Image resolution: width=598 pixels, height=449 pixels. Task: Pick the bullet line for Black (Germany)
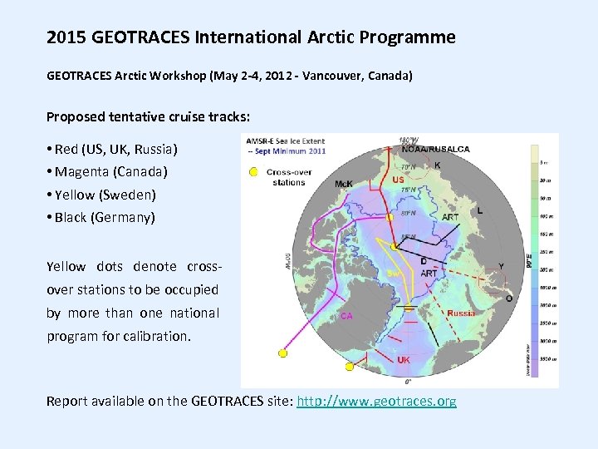pyautogui.click(x=105, y=218)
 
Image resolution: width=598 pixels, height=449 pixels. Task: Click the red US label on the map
pyautogui.click(x=399, y=180)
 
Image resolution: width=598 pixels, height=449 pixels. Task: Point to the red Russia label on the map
pyautogui.click(x=462, y=313)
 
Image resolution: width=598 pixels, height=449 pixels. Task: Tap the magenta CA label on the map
pyautogui.click(x=346, y=316)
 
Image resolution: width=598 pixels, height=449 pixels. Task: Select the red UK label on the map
pyautogui.click(x=404, y=360)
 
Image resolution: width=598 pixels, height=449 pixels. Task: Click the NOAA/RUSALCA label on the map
pyautogui.click(x=435, y=150)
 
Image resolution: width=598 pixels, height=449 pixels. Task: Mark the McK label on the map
pyautogui.click(x=344, y=184)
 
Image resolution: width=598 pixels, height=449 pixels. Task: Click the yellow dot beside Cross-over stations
pyautogui.click(x=253, y=172)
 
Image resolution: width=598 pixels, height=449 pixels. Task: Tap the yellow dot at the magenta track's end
pyautogui.click(x=282, y=353)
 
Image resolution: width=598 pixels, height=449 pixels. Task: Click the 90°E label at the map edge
pyautogui.click(x=530, y=260)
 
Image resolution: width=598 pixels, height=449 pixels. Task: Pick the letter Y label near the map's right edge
pyautogui.click(x=501, y=267)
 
